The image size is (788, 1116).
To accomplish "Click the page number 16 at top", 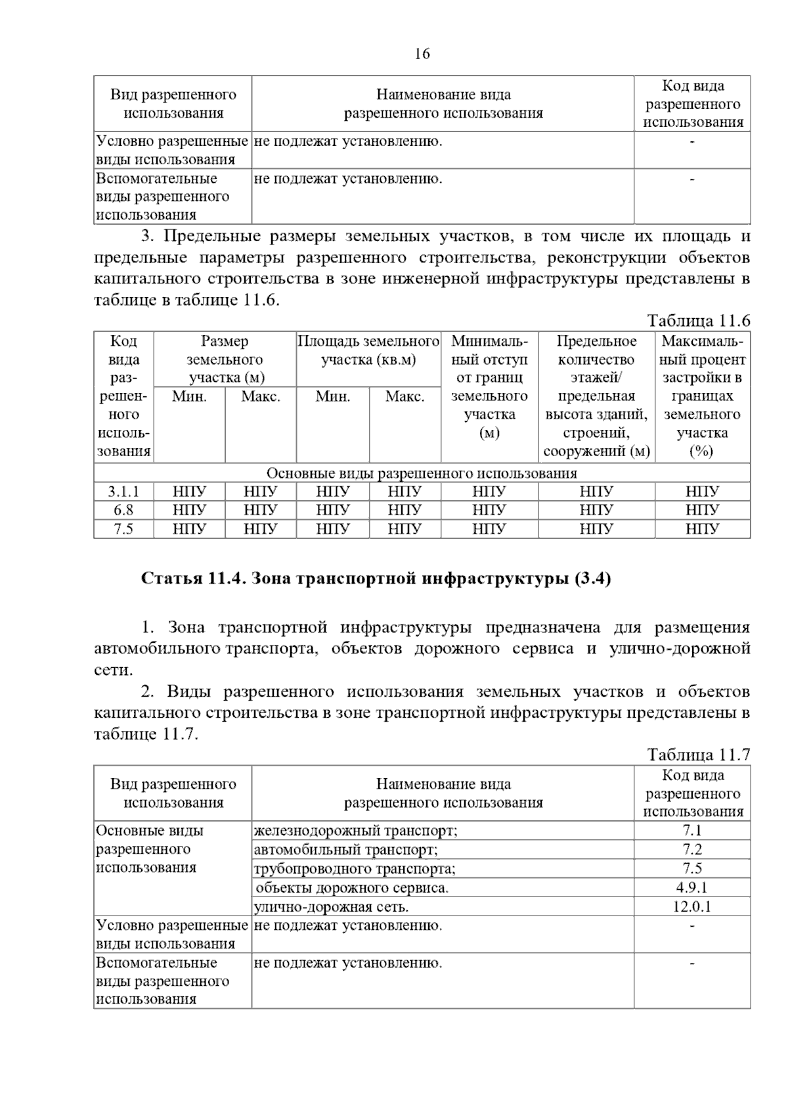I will [x=422, y=54].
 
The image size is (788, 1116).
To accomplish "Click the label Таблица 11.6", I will [x=698, y=321].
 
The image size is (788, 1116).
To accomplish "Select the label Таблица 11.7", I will [x=698, y=755].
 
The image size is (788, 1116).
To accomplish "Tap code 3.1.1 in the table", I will [x=123, y=492].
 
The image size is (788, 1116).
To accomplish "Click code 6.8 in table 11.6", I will [x=123, y=510].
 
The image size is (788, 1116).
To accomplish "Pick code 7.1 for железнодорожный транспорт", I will [x=692, y=831].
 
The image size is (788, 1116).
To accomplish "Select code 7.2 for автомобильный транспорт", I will [x=692, y=850].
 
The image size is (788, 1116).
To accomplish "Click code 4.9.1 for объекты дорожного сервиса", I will [x=692, y=888].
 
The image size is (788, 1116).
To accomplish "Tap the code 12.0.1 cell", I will [x=692, y=907].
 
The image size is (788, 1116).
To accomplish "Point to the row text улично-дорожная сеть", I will [x=331, y=907].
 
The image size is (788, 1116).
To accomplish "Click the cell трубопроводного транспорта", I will [x=354, y=869].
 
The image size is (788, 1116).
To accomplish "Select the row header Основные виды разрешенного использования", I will [x=149, y=849].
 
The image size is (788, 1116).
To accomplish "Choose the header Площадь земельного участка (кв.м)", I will [x=368, y=350].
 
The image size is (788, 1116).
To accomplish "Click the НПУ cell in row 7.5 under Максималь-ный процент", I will [x=702, y=529].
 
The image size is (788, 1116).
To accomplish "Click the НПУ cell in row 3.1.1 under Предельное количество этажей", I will [x=596, y=492].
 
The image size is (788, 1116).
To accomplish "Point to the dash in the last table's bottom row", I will [x=692, y=964].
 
